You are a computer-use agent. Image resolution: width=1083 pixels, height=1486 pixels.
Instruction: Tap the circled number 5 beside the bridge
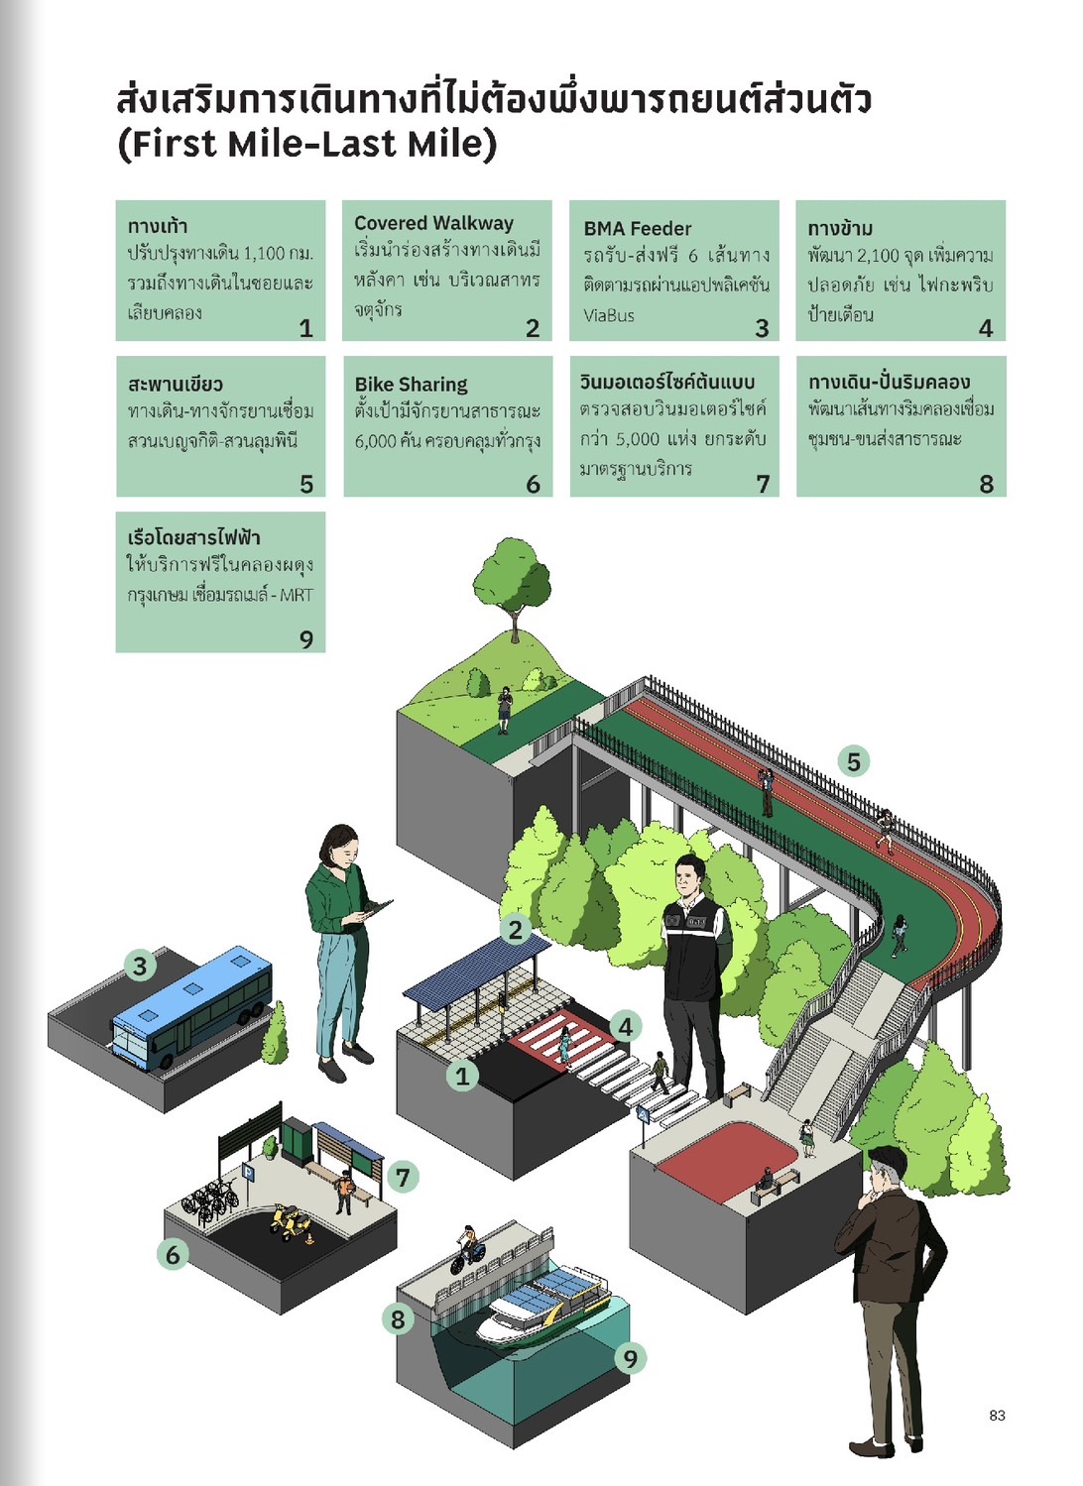(853, 761)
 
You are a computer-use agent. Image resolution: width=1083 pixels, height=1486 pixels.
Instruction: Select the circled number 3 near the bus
(140, 965)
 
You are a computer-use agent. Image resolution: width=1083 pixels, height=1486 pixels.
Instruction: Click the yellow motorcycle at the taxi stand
(287, 1221)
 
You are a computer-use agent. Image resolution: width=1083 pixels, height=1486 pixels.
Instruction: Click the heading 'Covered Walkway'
(433, 224)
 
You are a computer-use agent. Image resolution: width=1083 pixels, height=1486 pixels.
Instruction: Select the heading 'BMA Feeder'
(637, 228)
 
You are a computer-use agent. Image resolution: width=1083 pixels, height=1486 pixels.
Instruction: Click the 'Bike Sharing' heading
(411, 384)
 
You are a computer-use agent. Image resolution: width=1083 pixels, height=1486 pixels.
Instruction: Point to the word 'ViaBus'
(609, 315)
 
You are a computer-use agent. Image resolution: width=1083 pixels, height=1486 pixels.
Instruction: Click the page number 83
(997, 1415)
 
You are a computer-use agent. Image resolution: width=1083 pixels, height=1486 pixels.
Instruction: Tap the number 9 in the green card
(306, 639)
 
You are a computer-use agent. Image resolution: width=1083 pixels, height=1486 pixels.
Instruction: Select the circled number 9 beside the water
(631, 1357)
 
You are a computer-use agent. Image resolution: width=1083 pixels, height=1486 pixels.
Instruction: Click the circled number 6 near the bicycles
(173, 1254)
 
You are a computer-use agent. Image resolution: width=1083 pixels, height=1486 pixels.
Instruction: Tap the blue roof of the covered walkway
(476, 966)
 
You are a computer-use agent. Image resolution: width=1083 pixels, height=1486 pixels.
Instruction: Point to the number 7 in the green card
(763, 484)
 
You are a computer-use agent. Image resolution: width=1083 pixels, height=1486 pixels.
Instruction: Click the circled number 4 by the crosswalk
(625, 1026)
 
